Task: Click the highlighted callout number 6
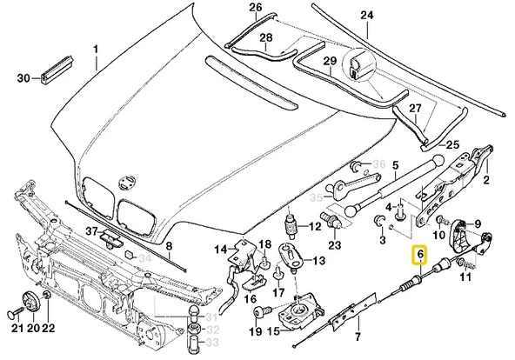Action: point(419,255)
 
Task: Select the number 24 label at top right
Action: point(366,16)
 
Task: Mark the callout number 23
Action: point(335,246)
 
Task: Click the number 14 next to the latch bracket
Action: point(220,250)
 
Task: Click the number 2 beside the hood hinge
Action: point(486,180)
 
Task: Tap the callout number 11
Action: point(465,277)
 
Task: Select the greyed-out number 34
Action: point(144,258)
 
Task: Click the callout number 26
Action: point(231,9)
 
